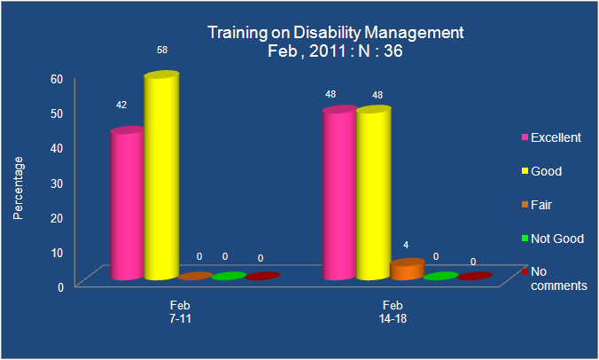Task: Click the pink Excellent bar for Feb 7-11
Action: pyautogui.click(x=128, y=203)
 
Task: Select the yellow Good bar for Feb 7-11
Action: pyautogui.click(x=161, y=176)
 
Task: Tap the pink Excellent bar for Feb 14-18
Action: pyautogui.click(x=339, y=193)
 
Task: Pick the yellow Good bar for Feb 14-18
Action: pyautogui.click(x=374, y=193)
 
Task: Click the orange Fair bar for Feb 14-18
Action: pyautogui.click(x=408, y=270)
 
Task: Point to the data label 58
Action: pyautogui.click(x=162, y=50)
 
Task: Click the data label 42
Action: pyautogui.click(x=121, y=105)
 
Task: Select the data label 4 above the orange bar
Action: pyautogui.click(x=406, y=245)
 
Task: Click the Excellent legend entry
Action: pyautogui.click(x=551, y=137)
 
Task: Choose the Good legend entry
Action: pyautogui.click(x=541, y=171)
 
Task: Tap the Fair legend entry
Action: pyautogui.click(x=537, y=205)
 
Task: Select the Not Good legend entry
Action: pyautogui.click(x=553, y=239)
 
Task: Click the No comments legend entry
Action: pyautogui.click(x=555, y=278)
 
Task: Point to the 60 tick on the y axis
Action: pyautogui.click(x=57, y=79)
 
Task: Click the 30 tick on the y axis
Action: pyautogui.click(x=57, y=184)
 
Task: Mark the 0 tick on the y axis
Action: pyautogui.click(x=60, y=287)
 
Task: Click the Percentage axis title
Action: pyautogui.click(x=18, y=188)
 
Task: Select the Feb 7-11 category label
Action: pyautogui.click(x=180, y=312)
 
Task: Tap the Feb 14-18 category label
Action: pyautogui.click(x=393, y=312)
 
